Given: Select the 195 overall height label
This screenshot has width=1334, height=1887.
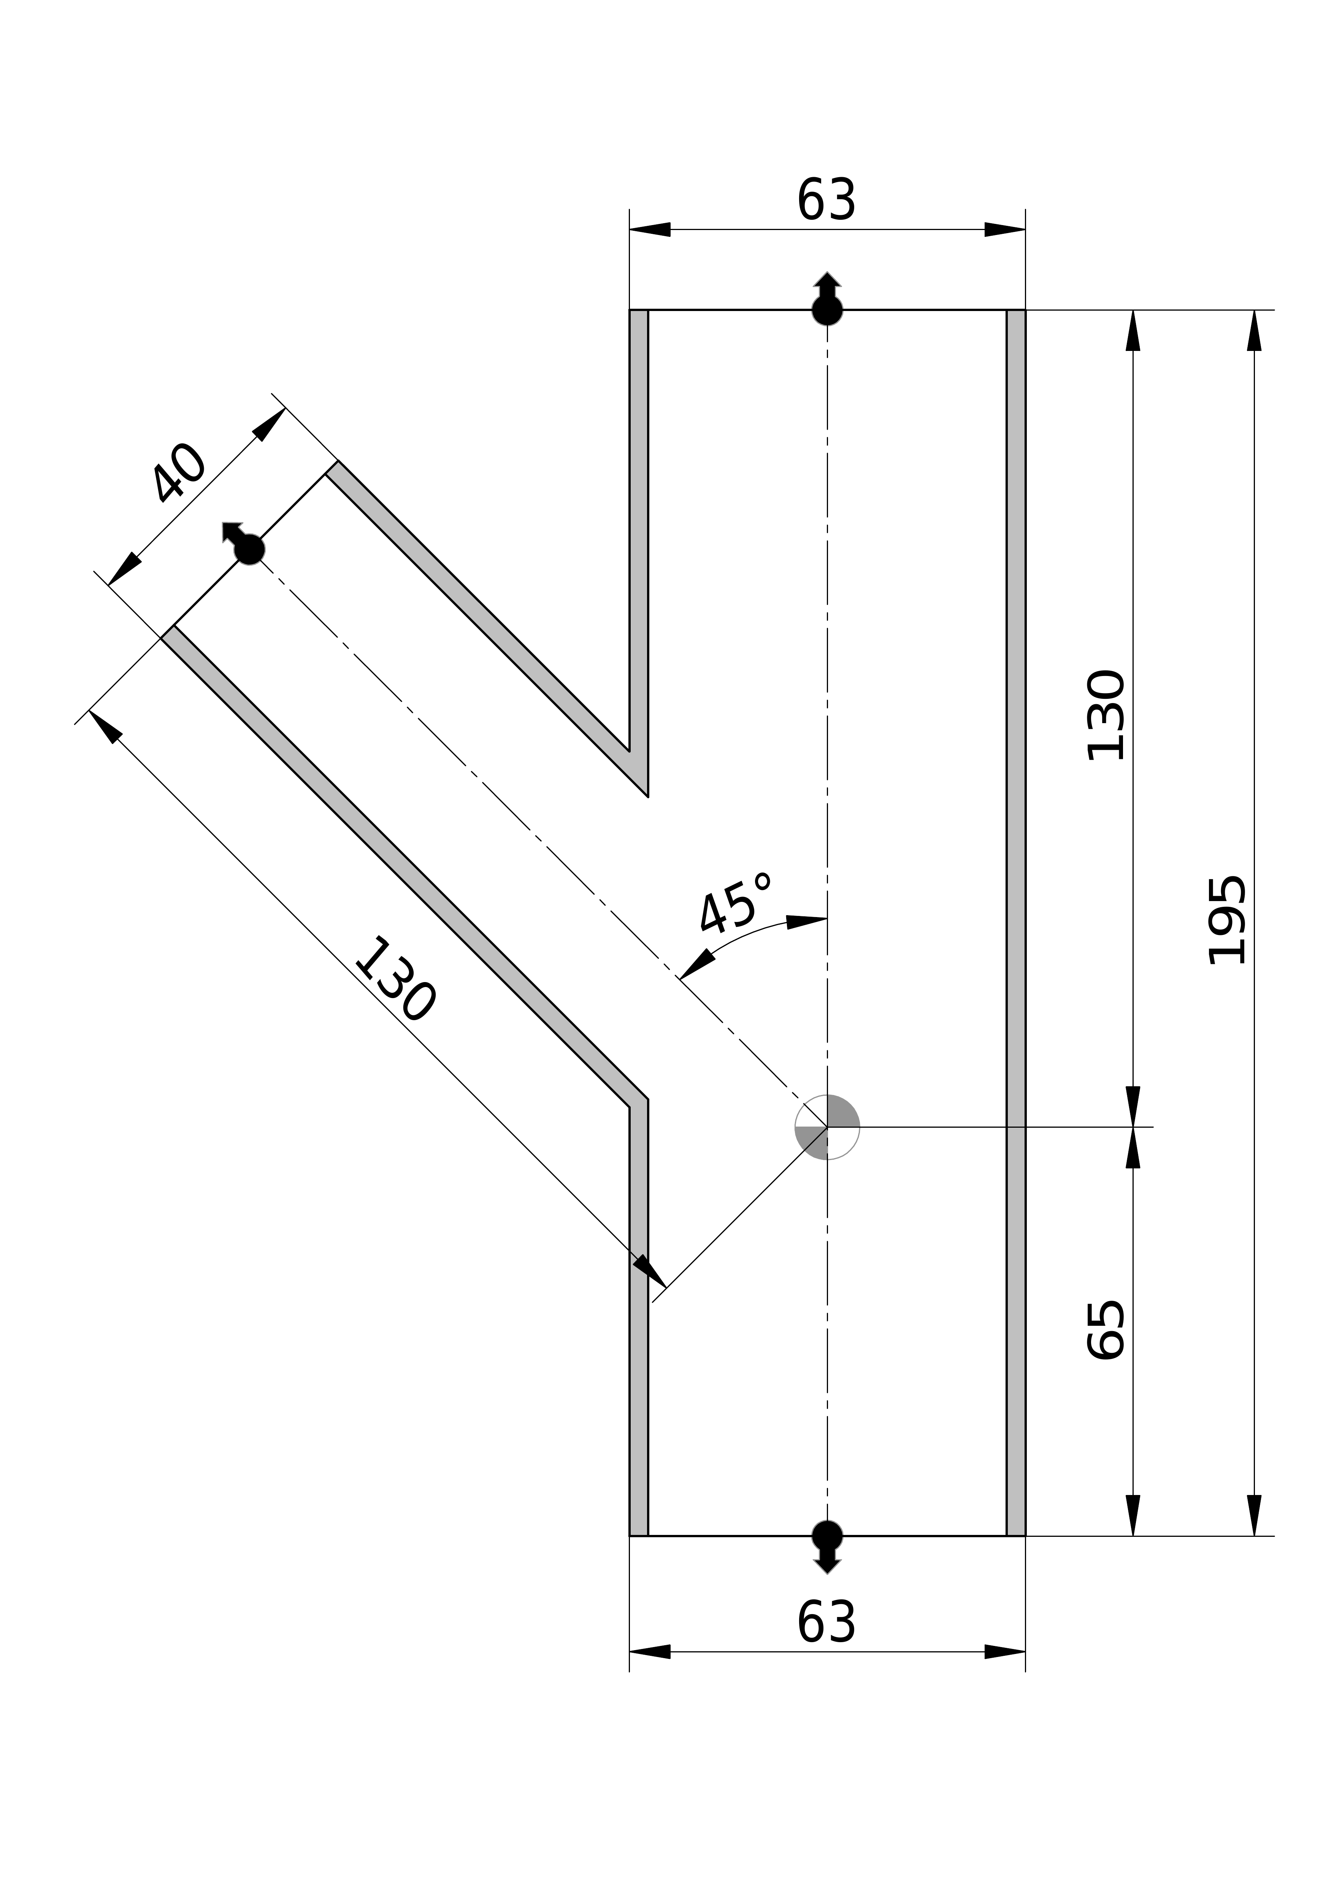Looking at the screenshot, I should pyautogui.click(x=1226, y=920).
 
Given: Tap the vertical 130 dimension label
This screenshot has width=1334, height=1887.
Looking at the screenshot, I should pyautogui.click(x=1106, y=715).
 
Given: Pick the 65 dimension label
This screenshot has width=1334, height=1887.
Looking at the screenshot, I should pyautogui.click(x=1106, y=1330).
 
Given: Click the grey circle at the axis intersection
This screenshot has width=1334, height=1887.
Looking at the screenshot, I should pyautogui.click(x=827, y=1127).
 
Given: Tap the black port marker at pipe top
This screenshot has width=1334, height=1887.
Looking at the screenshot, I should pyautogui.click(x=827, y=308).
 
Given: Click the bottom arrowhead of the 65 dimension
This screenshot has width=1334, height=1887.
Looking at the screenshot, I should pyautogui.click(x=1133, y=1514).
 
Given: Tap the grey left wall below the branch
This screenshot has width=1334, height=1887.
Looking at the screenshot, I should pyautogui.click(x=639, y=1397).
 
